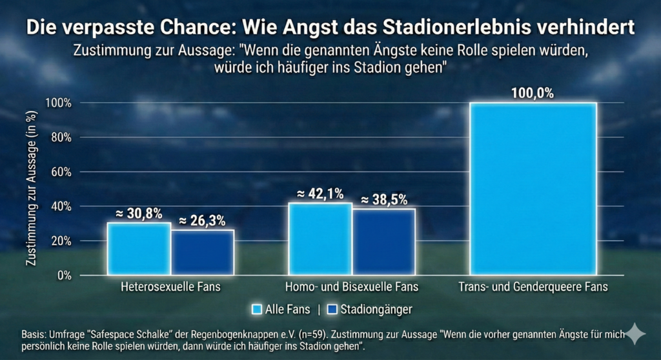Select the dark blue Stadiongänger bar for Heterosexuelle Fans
point(202,252)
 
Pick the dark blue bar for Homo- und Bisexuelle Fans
point(383,242)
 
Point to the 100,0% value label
point(533,93)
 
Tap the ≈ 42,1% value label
point(320,194)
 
